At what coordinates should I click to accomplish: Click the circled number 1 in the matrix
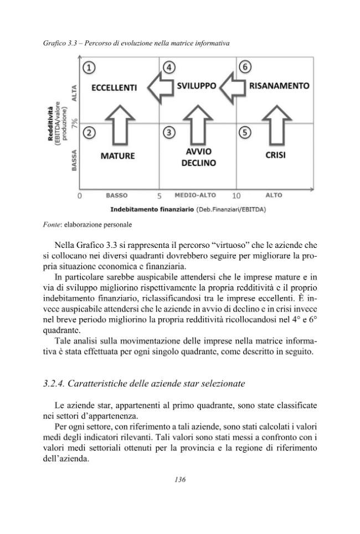click(89, 68)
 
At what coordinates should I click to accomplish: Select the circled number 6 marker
click(245, 68)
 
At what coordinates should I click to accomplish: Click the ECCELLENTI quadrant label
click(114, 87)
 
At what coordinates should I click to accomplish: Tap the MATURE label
click(117, 156)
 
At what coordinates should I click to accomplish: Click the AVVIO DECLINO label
click(198, 157)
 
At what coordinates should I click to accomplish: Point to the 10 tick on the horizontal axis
click(236, 196)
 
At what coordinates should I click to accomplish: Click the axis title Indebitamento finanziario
click(152, 210)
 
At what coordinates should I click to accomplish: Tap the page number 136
click(179, 479)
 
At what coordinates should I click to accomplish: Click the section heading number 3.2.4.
click(56, 383)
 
